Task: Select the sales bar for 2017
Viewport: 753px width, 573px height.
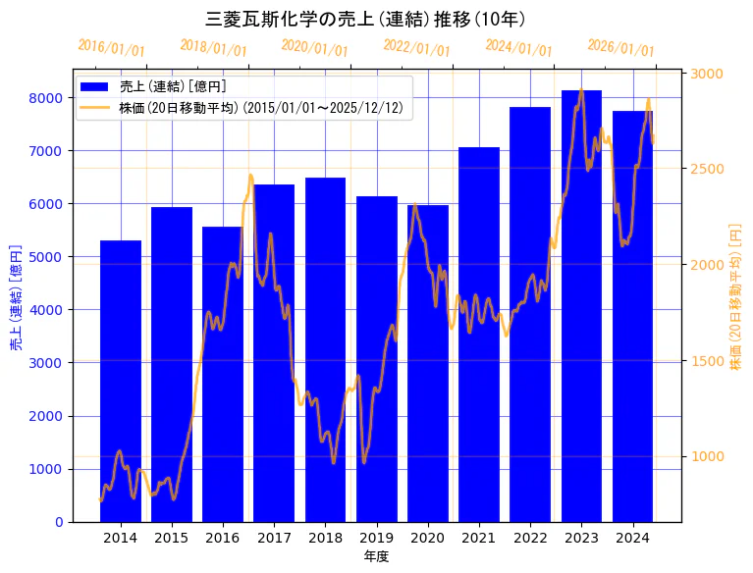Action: [x=274, y=353]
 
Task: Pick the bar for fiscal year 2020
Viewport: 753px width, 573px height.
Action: [x=428, y=363]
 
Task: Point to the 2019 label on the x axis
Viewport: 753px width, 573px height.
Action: [x=377, y=538]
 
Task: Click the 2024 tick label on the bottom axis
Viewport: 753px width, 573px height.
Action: [x=633, y=538]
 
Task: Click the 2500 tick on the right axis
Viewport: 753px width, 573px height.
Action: [x=708, y=169]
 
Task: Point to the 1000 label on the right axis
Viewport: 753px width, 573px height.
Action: [x=708, y=456]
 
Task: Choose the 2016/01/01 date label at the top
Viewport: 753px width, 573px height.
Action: [x=111, y=48]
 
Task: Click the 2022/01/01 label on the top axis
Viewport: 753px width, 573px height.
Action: [x=416, y=48]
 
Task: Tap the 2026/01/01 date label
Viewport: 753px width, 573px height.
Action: [x=620, y=48]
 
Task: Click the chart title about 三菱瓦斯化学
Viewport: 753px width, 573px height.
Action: [x=365, y=19]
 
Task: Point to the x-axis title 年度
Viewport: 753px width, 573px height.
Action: [x=376, y=556]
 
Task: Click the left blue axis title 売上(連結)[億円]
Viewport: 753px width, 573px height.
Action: [x=16, y=297]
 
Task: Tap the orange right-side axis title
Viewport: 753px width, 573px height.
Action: [x=736, y=296]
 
